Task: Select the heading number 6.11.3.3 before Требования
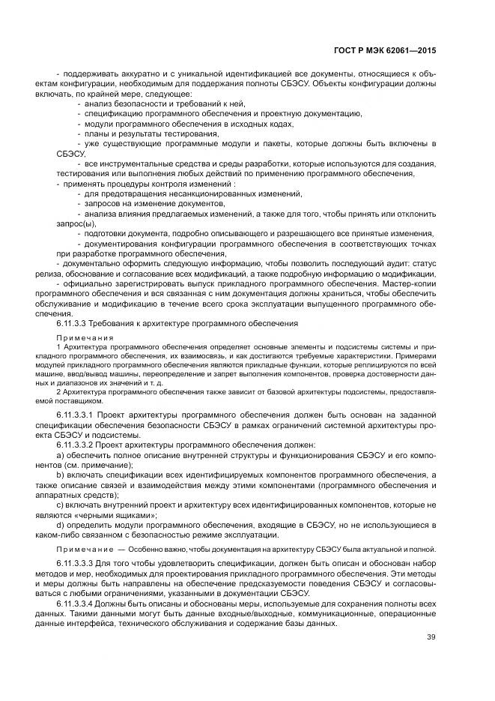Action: [x=72, y=323]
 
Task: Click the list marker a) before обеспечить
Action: [x=61, y=455]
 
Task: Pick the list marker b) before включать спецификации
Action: [x=61, y=475]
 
